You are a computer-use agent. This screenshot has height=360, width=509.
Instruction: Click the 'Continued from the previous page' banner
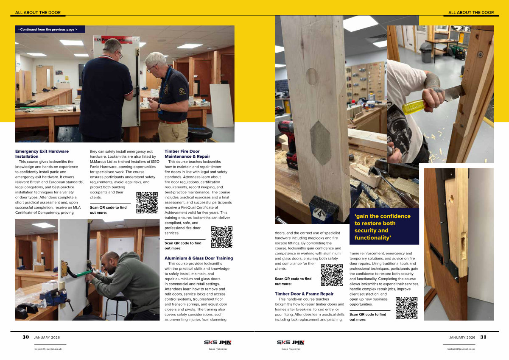[50, 29]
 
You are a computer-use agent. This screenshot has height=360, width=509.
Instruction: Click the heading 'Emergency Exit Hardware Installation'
[42, 154]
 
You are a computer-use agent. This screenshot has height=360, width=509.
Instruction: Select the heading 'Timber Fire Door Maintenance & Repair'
[187, 154]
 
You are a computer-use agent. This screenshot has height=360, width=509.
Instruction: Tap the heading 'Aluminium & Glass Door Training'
[199, 258]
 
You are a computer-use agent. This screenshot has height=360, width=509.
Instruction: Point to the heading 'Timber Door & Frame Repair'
[304, 294]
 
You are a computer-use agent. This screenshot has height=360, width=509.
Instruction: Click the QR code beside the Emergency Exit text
[147, 203]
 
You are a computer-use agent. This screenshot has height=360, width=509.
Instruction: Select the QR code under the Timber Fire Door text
[221, 237]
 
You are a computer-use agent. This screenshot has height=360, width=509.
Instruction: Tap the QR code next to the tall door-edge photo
[406, 308]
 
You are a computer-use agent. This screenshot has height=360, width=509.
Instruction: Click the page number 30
[26, 337]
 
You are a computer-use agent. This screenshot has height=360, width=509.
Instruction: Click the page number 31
[483, 337]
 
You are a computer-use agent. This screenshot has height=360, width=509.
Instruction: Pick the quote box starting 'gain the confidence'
[384, 226]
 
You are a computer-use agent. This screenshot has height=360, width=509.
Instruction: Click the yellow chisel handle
[414, 106]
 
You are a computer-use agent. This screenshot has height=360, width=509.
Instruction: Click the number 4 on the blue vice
[319, 214]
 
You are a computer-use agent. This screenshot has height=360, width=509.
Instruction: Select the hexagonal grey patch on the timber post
[320, 143]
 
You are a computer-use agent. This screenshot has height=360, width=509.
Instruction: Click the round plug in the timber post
[312, 77]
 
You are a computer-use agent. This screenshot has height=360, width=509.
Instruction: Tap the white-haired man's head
[156, 63]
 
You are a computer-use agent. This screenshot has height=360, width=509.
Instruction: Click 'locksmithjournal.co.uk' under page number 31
[461, 349]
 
